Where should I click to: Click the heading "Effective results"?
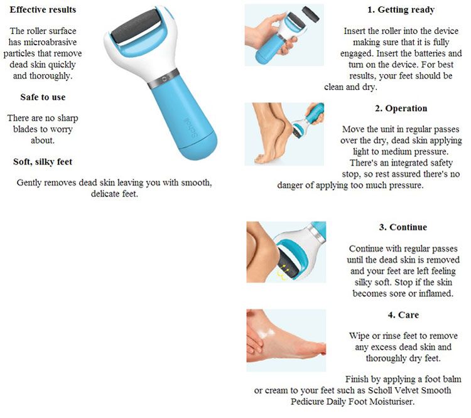[43, 9]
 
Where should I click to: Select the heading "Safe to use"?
[43, 97]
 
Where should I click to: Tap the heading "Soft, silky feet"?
[43, 162]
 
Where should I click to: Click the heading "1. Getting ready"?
[401, 10]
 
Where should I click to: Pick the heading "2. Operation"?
[401, 109]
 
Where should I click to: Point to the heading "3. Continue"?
[403, 227]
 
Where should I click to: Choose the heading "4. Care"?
[403, 315]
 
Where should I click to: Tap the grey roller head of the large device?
[136, 26]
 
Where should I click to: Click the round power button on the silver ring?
[164, 79]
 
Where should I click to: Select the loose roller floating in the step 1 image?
[310, 14]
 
